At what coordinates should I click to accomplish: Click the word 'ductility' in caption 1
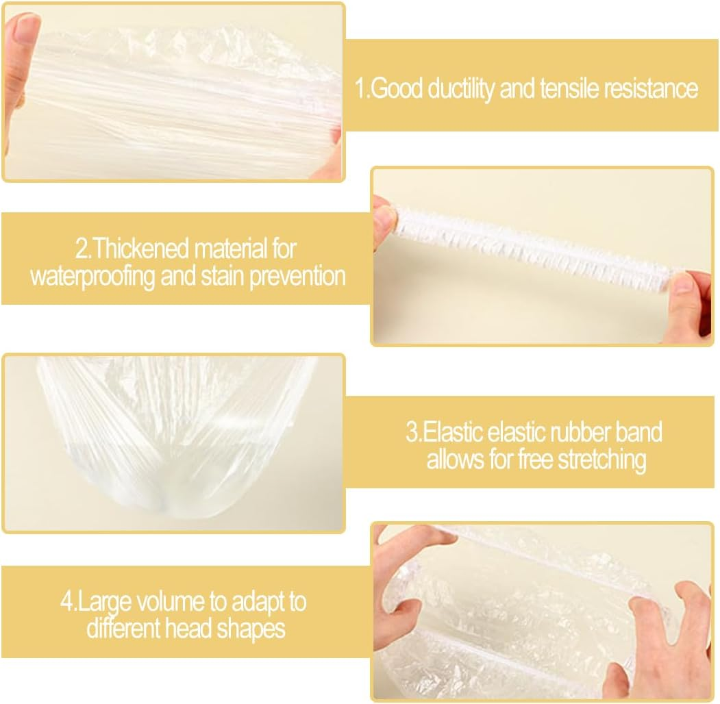(460, 88)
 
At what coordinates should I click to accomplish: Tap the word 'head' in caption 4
(188, 629)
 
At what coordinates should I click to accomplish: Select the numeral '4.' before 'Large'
(69, 602)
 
